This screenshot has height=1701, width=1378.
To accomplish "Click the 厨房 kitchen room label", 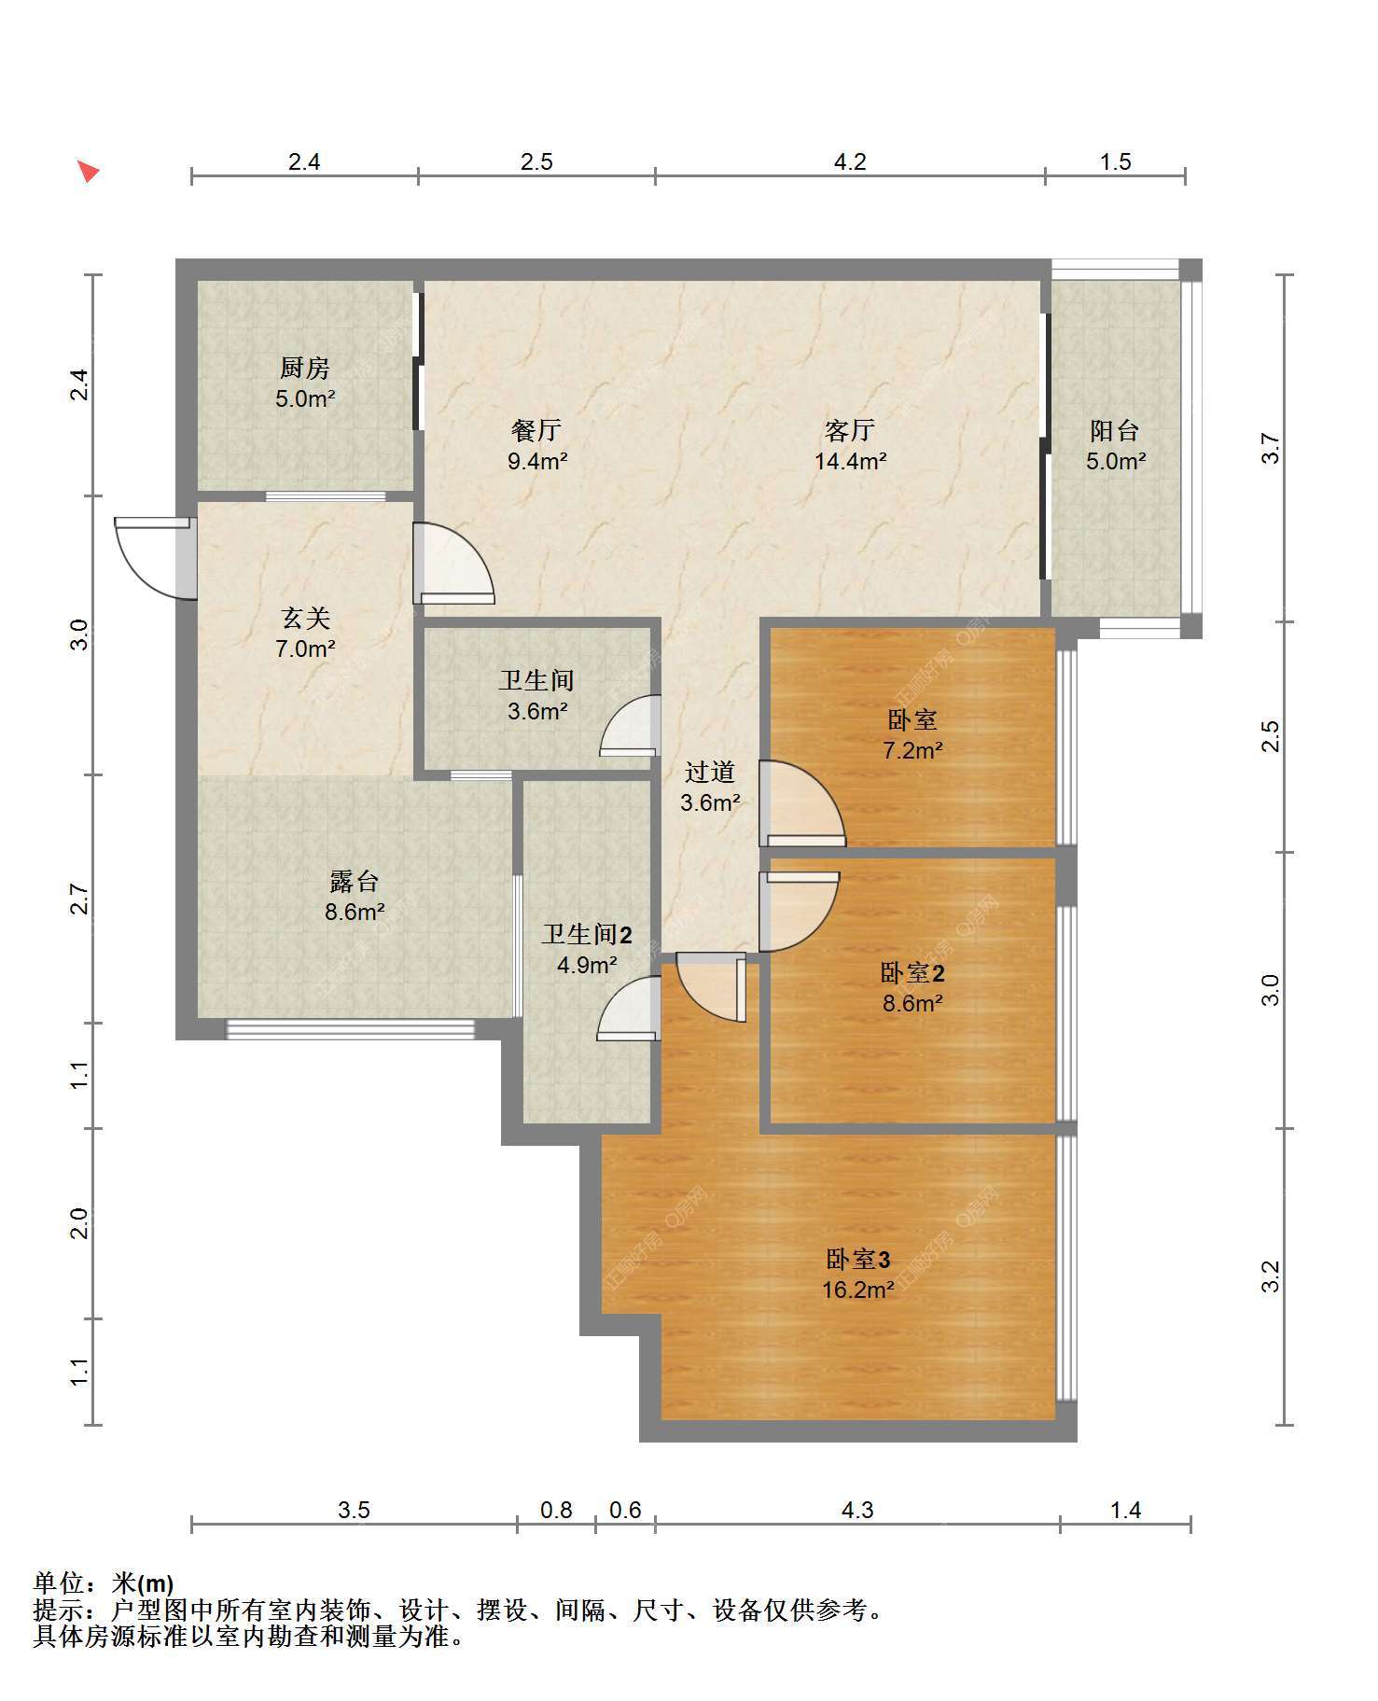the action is point(304,369).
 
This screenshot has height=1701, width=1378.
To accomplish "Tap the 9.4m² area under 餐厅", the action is point(537,460).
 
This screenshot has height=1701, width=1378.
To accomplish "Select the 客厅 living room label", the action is point(849,430).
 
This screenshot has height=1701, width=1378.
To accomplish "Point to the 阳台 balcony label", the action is point(1115,430).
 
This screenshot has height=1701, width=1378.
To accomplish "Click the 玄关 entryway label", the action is point(305,618).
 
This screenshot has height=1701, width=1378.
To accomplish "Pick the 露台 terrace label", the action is point(355,881).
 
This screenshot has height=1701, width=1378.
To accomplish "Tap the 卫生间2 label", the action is point(588,934).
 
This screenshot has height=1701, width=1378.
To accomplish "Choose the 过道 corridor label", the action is point(710,772).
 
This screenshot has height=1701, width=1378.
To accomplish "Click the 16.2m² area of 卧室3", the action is point(858,1290).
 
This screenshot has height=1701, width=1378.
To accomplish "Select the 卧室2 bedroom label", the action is point(912,973).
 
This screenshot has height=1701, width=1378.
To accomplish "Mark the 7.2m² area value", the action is point(912,749).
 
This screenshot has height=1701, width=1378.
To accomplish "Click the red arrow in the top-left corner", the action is point(88,171).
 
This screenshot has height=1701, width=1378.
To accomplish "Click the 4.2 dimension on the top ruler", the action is point(849,161).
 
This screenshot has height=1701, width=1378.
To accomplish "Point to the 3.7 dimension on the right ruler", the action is point(1270,449).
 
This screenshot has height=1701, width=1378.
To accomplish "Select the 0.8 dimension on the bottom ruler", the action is point(556,1509).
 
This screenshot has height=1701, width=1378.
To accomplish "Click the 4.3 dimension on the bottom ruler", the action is point(857,1509).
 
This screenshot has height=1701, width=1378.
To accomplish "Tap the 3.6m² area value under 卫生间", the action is point(537,711).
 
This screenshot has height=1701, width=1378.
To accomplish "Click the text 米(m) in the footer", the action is point(143,1583).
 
